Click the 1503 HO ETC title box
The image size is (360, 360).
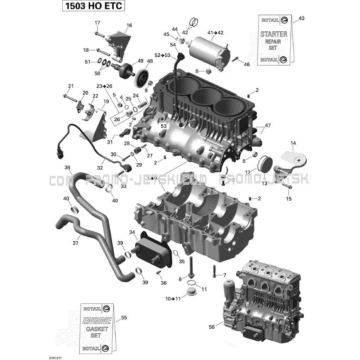click(x=93, y=6)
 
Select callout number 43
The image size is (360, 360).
click(x=301, y=18)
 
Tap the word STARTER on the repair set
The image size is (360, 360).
click(x=273, y=34)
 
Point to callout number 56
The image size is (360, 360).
click(x=211, y=327)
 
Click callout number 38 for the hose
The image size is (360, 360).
click(x=67, y=168)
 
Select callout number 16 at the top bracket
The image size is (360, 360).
click(x=129, y=25)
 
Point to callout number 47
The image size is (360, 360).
click(x=268, y=125)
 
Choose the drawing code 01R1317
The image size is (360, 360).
click(x=55, y=356)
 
